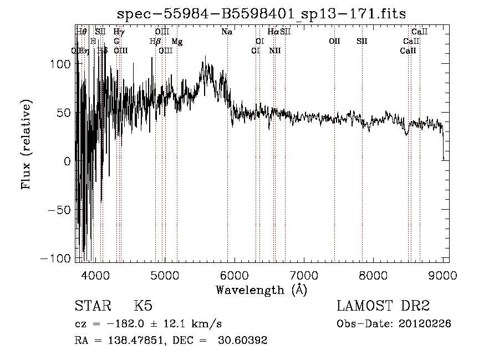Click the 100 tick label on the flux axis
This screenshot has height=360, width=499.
(61, 64)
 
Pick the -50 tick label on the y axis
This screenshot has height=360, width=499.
(58, 211)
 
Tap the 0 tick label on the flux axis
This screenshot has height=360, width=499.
(68, 162)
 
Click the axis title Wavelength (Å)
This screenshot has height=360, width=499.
(261, 290)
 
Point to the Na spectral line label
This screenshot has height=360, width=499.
(226, 32)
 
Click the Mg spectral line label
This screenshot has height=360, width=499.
(177, 42)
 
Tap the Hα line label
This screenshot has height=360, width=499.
(273, 32)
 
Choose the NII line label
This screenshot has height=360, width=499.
(274, 51)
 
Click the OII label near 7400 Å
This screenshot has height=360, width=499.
(334, 42)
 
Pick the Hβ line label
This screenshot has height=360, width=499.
(156, 42)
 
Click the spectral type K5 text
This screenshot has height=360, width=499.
(143, 306)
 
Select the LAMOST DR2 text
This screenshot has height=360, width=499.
(383, 306)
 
